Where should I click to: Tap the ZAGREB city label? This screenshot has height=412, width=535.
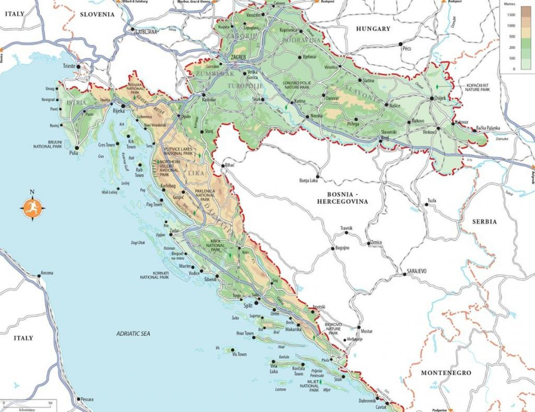tap(239, 58)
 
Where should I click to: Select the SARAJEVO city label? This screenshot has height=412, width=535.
tap(417, 271)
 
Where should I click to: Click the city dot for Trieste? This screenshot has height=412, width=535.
tap(79, 66)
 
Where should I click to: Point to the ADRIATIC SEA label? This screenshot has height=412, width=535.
tap(133, 334)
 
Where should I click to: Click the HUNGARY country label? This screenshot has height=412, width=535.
tap(373, 29)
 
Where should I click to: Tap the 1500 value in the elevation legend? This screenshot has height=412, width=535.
tap(511, 15)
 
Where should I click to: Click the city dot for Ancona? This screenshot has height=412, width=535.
tap(40, 276)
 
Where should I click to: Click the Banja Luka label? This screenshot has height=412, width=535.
tap(309, 181)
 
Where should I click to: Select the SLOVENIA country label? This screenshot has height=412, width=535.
tap(97, 14)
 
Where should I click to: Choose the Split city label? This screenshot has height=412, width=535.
tap(248, 306)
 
